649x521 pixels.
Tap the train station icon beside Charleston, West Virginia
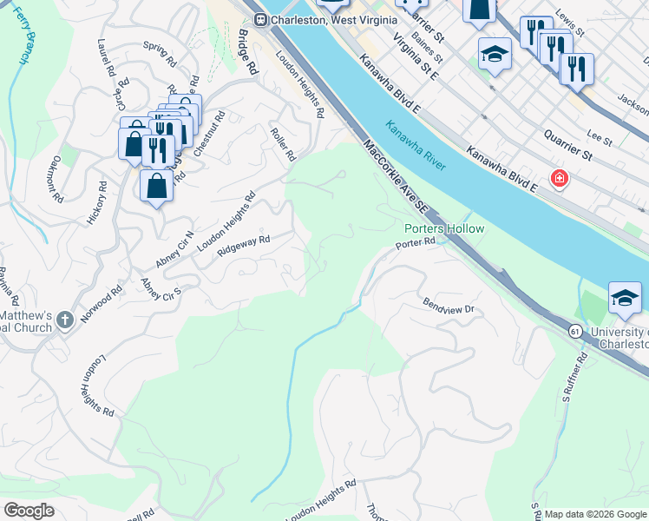(259, 19)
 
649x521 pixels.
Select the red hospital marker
(560, 179)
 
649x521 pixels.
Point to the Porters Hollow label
(443, 229)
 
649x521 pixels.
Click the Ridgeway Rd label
(244, 246)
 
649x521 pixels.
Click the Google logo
(28, 510)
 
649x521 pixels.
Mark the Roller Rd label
(284, 142)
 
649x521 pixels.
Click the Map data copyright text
(594, 513)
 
